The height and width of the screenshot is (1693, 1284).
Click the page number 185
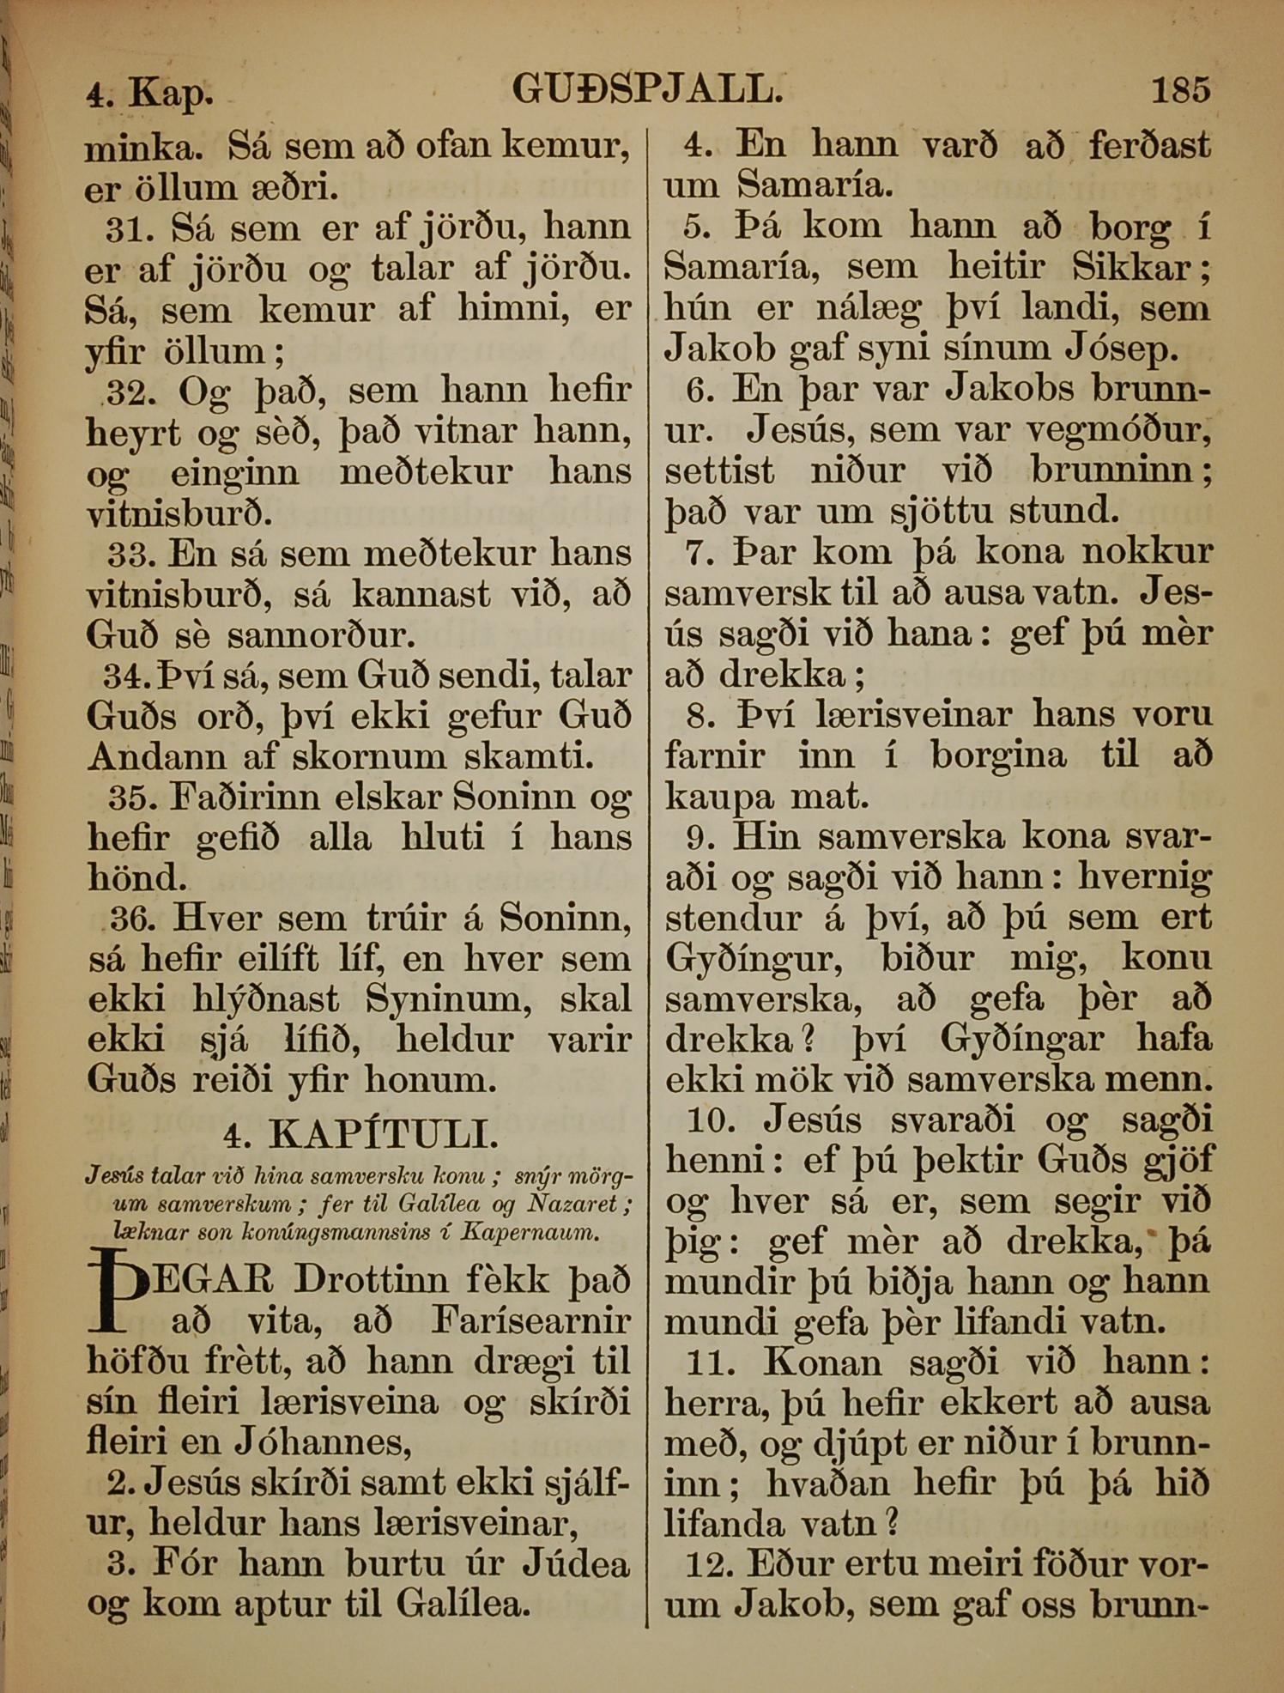tap(1180, 89)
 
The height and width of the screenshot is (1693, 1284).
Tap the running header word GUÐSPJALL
tap(647, 89)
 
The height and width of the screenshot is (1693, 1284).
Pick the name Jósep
tap(1121, 349)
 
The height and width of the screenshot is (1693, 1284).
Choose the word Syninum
tap(438, 999)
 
